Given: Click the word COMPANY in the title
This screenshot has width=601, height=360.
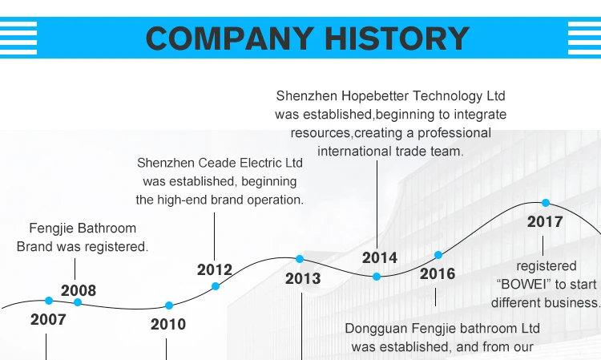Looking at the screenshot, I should coord(228,38).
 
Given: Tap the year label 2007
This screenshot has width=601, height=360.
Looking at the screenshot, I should coord(48,319).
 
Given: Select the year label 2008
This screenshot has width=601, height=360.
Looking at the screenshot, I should coord(79,290).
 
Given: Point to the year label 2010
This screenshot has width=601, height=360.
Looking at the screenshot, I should coord(168,324).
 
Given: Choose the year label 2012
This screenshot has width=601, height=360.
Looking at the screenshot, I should coord(215,269).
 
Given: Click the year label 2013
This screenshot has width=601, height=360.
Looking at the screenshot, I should coord(303,278).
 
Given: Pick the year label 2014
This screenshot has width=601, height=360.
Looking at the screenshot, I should coord(380,257).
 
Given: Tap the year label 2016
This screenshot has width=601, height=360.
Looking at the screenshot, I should coord(438,273).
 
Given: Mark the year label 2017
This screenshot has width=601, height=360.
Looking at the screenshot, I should coord(545,221).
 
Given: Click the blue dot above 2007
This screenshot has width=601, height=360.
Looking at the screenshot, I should coord(49,301).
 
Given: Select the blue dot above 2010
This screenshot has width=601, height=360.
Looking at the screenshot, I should coord(169,305).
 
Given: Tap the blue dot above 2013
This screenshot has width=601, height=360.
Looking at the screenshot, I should coord(300,259).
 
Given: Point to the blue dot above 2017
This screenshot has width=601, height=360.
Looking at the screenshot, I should coord(546,203).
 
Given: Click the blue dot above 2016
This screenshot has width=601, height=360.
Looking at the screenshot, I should coord(438,255).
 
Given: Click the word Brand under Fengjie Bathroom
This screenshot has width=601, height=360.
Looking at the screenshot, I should coord(35,247).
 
